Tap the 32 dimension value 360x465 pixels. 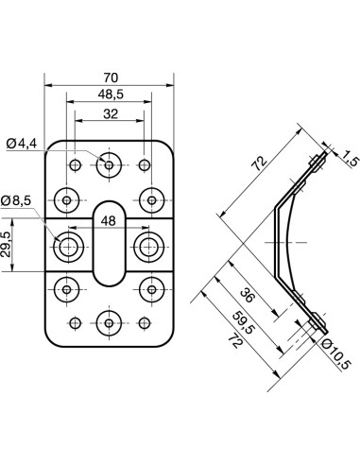tap(110, 113)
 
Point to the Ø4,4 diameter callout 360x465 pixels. tap(21, 143)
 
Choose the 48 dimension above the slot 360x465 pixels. tap(110, 220)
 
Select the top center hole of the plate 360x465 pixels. tap(110, 165)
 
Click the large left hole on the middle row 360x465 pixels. tap(69, 247)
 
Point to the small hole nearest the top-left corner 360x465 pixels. tap(76, 166)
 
